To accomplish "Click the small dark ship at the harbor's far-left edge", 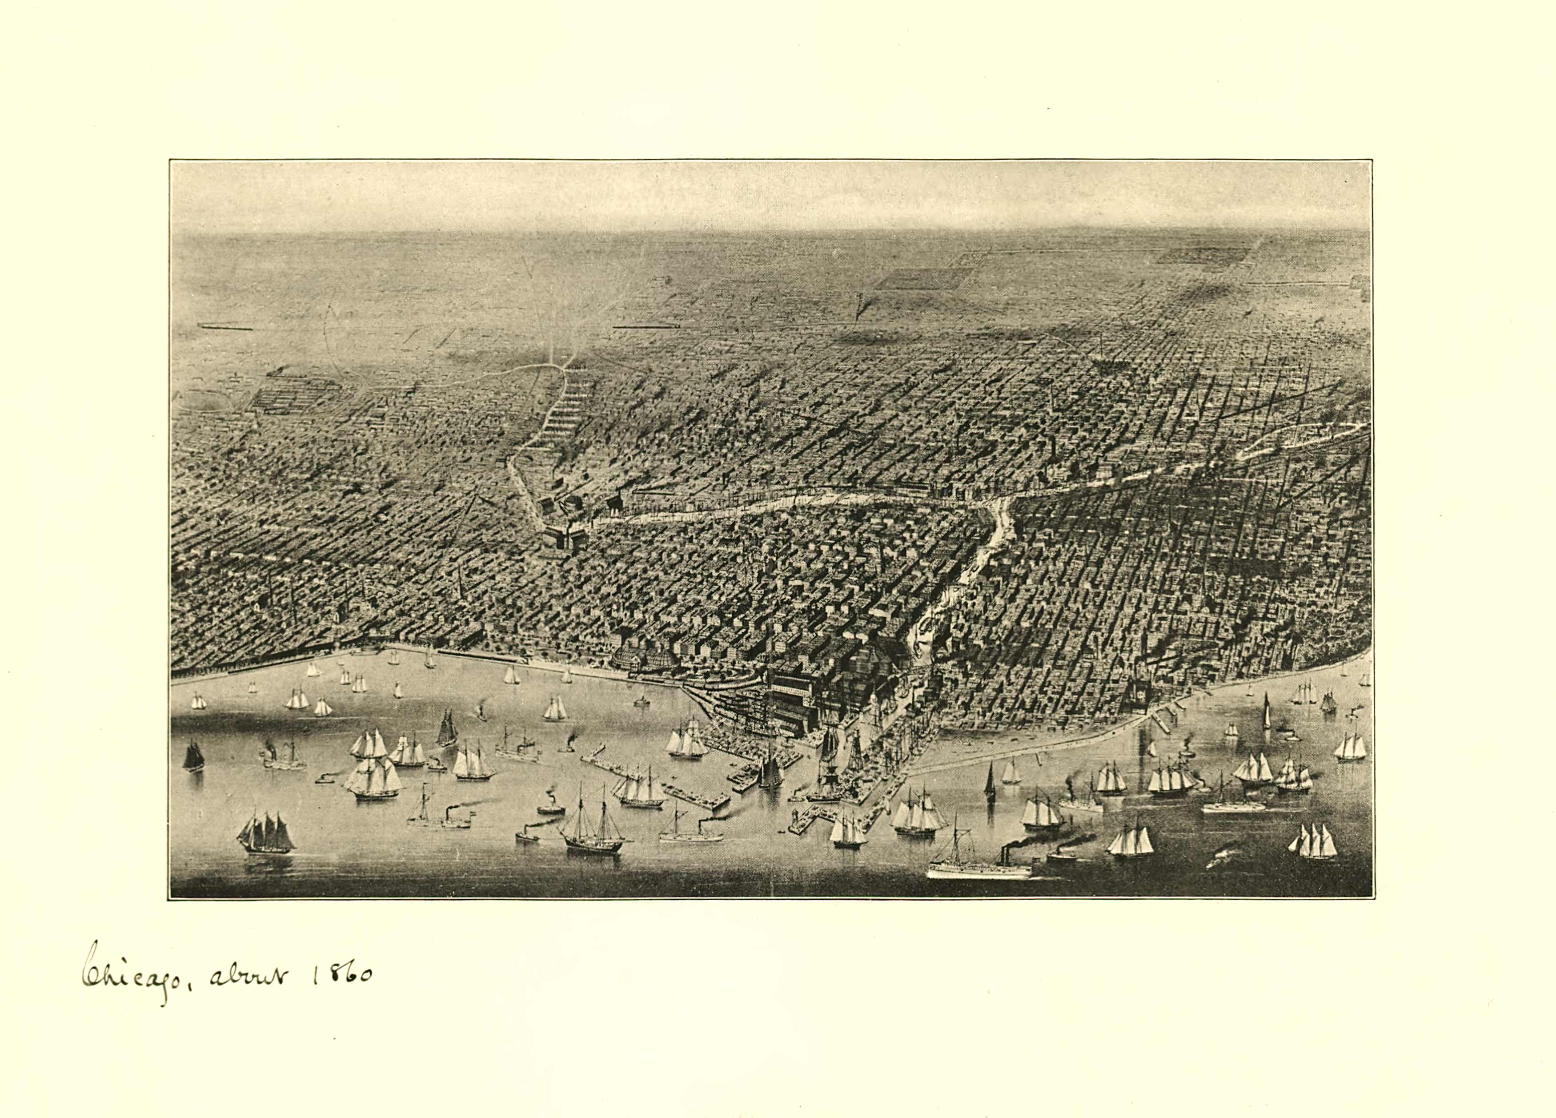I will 193,756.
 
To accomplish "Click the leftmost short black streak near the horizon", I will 225,327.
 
